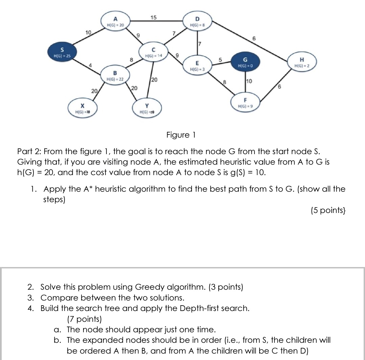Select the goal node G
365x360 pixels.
tap(245, 63)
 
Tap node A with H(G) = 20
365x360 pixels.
tap(116, 22)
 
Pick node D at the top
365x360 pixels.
tap(198, 22)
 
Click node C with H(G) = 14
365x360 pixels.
tap(153, 52)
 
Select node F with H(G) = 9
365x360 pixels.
tap(246, 103)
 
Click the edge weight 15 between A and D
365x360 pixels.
tap(153, 18)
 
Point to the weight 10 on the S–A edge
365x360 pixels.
tap(89, 32)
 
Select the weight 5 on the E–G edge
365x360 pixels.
tap(220, 59)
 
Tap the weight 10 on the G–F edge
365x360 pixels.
tap(249, 81)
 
